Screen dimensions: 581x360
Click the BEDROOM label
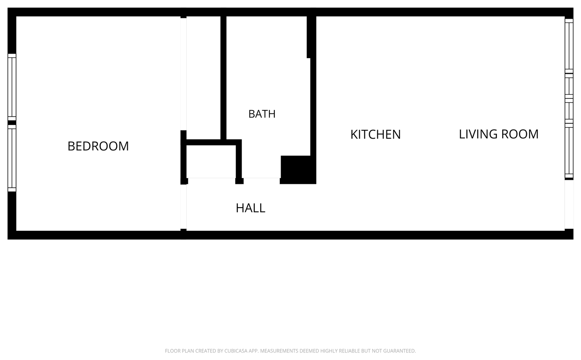click(98, 146)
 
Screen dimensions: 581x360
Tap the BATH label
click(262, 114)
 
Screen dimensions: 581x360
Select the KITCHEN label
click(375, 135)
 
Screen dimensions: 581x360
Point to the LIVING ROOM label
click(498, 134)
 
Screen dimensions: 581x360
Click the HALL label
click(250, 208)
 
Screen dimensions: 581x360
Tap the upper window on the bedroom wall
click(12, 87)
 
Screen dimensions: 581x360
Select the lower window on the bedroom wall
click(12, 158)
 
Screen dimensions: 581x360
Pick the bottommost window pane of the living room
click(569, 151)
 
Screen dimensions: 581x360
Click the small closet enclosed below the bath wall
click(211, 162)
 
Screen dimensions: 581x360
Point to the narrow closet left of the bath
click(203, 78)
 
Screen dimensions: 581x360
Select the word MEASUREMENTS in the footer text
click(279, 351)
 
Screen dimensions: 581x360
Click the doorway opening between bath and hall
click(262, 179)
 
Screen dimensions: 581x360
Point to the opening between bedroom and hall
click(183, 207)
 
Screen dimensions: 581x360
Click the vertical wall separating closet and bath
click(223, 78)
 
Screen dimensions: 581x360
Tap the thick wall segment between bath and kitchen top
click(311, 37)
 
